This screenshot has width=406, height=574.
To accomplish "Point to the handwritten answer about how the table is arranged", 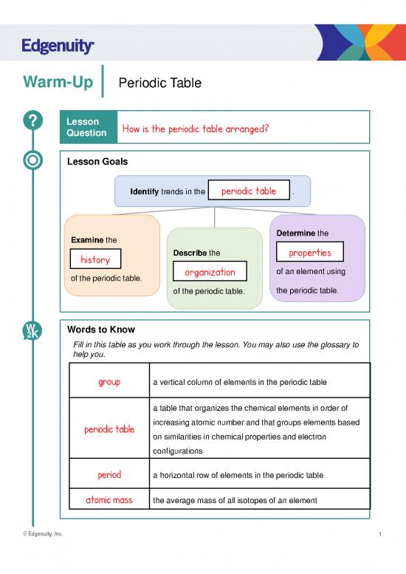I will (x=194, y=129).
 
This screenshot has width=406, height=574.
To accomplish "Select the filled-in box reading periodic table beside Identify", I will (x=249, y=191).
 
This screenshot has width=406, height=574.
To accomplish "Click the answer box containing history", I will (x=95, y=260).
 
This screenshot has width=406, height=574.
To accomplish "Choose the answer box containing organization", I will (x=210, y=273).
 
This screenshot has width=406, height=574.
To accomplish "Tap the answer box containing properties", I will (x=309, y=253).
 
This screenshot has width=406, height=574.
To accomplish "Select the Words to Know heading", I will (x=100, y=329).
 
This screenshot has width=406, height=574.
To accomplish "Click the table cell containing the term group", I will (x=109, y=382).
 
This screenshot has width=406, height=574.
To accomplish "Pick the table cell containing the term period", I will (x=109, y=474).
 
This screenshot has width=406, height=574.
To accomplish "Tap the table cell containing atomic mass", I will (x=109, y=499).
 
